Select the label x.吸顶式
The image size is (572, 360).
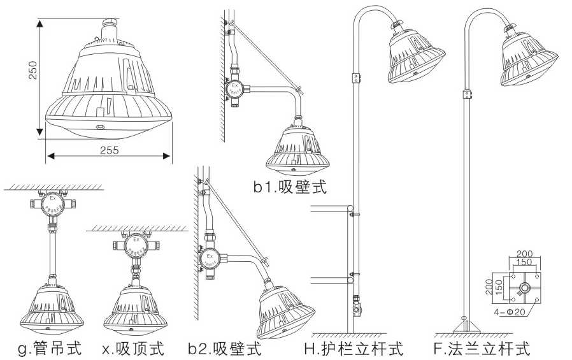tap(133, 349)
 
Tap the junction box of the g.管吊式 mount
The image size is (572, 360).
tap(52, 203)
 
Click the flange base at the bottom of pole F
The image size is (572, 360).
tap(466, 328)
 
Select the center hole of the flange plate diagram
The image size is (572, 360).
tap(524, 287)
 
